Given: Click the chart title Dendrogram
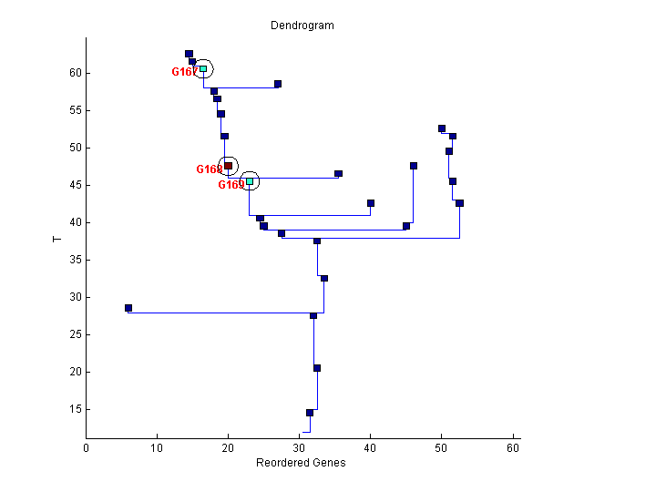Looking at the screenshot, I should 302,26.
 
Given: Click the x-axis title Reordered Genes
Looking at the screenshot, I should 301,462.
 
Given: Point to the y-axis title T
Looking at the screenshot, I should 56,239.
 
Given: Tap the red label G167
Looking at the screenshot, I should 184,72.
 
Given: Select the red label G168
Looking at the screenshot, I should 209,169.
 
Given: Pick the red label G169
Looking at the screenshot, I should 231,185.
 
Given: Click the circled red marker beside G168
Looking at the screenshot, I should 228,166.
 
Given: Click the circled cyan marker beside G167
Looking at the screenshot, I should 203,68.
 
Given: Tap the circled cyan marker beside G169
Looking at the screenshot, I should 250,181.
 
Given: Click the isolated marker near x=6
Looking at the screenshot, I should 128,308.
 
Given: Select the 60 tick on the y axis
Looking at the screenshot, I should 77,73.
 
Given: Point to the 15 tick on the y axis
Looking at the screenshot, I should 77,409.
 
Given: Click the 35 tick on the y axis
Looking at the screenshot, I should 77,260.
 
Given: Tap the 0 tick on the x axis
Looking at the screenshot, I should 87,447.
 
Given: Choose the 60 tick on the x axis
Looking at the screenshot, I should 513,447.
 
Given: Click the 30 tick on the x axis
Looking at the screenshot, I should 300,447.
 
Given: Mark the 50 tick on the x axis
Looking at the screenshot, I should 442,447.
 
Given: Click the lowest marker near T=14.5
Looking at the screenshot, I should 310,413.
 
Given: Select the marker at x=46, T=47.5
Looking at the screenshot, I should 414,166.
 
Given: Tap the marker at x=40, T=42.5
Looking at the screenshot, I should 371,203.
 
